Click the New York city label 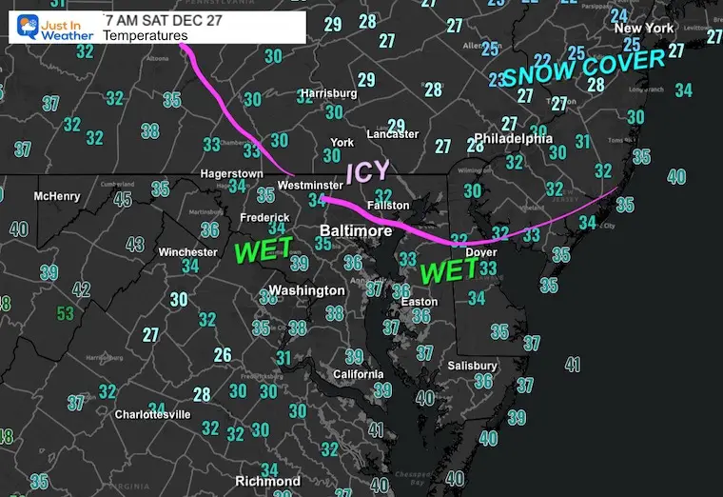tap(644, 29)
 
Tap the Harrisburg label tap(328, 93)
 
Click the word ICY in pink tap(367, 172)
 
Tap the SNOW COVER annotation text tap(582, 70)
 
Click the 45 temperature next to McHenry tap(123, 199)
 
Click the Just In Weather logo tap(54, 23)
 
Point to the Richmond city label tap(268, 481)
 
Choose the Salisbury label tap(473, 366)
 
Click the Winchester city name tap(187, 252)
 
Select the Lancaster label tap(392, 134)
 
